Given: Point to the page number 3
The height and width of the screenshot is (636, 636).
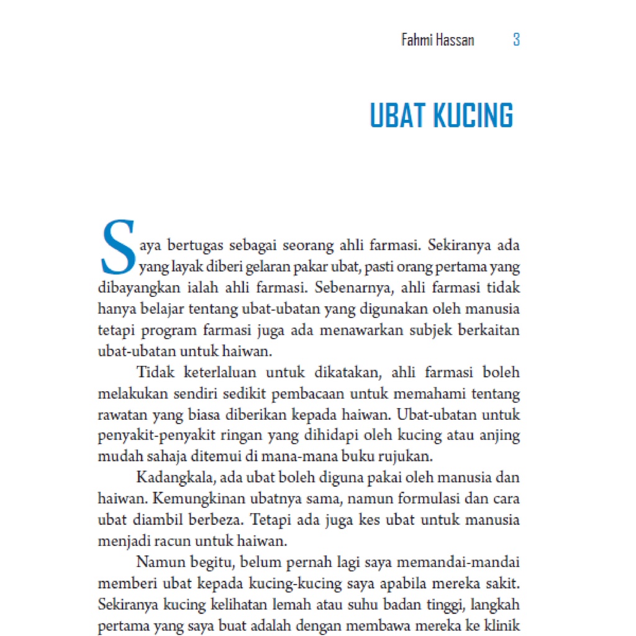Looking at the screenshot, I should [516, 40].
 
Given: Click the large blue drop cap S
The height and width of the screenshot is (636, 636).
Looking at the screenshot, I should [117, 247].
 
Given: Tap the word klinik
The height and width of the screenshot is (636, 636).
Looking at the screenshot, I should [502, 625].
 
